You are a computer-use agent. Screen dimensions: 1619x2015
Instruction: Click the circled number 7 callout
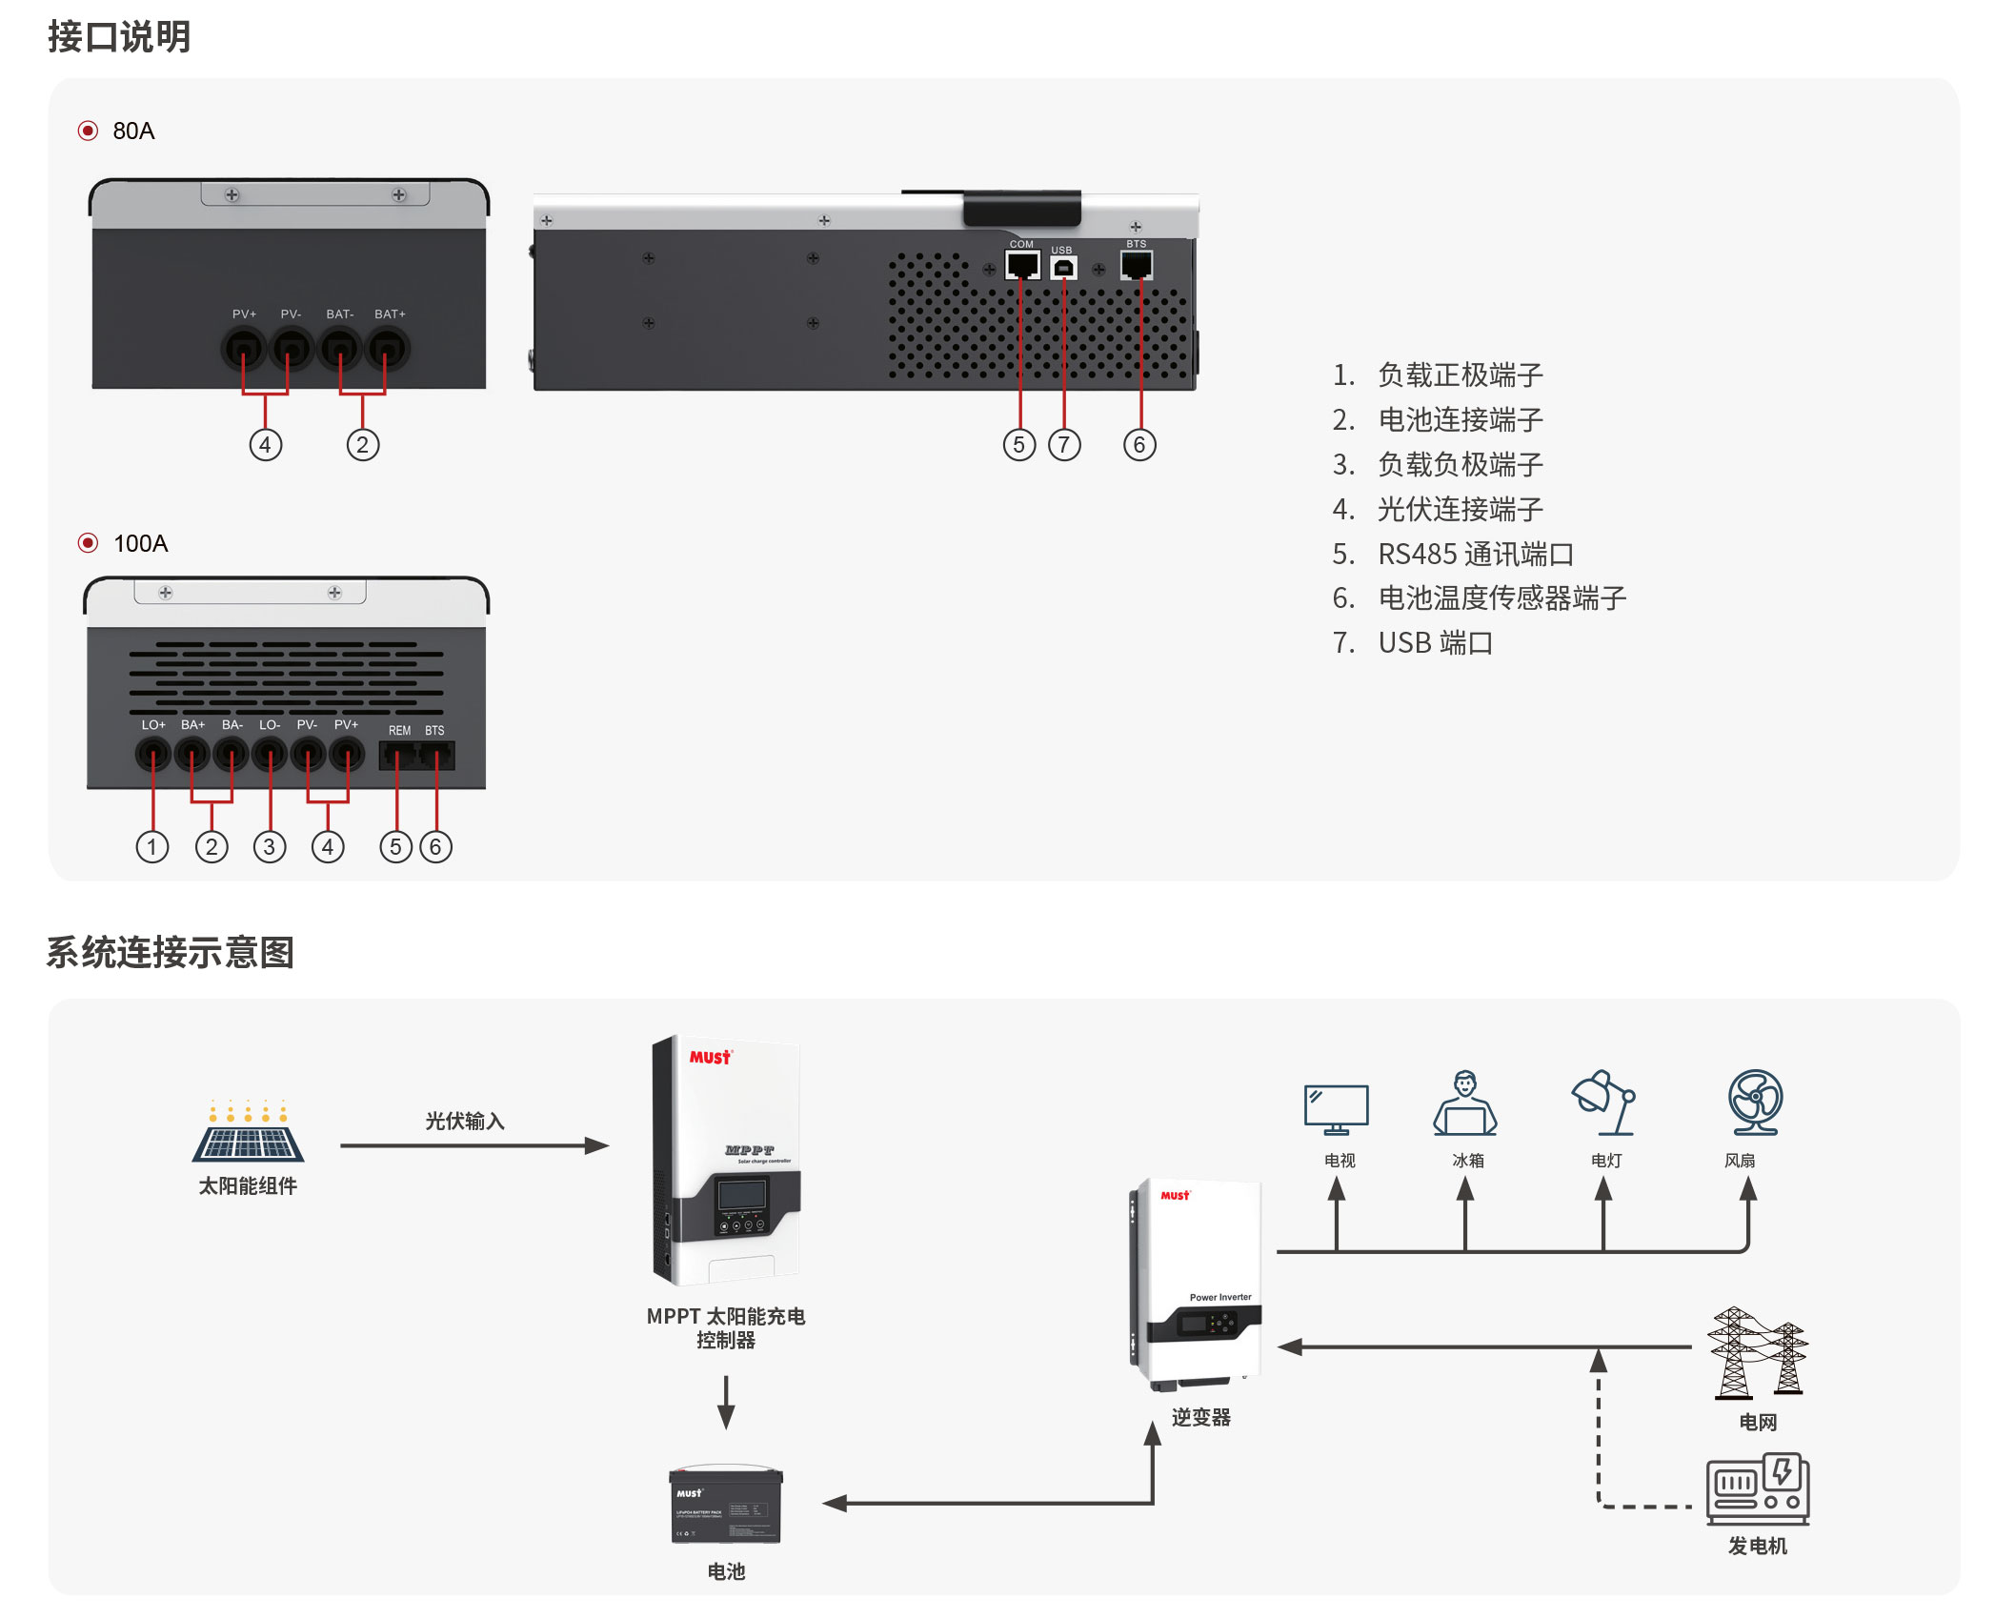point(1064,445)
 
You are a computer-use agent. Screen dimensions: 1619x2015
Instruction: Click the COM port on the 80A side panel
point(1021,265)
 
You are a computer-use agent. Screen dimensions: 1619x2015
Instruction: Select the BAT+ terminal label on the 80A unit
point(390,314)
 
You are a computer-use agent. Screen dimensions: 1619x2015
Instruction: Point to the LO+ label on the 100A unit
point(153,725)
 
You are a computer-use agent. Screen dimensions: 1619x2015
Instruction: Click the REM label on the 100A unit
point(399,731)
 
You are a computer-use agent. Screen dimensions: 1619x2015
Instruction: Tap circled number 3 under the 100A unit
point(270,847)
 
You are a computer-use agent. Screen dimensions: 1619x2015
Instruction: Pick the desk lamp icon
point(1604,1103)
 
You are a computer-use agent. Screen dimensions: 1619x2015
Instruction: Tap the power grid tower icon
point(1757,1353)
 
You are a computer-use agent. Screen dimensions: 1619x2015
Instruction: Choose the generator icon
point(1758,1488)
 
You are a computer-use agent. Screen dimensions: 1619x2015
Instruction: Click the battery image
point(726,1506)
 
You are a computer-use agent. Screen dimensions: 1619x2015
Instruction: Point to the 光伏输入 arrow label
point(465,1122)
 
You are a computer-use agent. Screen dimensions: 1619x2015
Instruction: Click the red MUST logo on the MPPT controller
point(711,1058)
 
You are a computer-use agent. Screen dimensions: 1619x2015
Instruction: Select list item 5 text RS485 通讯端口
point(1476,554)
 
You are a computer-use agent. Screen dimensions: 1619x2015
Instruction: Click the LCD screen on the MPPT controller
point(742,1195)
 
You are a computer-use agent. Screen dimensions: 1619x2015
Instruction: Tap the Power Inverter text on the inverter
point(1220,1298)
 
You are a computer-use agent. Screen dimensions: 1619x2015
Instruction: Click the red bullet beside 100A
point(88,543)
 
